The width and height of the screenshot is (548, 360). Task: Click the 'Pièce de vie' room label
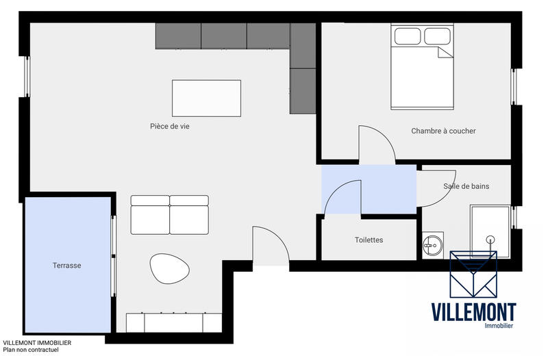169,126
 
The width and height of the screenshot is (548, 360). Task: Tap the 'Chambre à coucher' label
443,131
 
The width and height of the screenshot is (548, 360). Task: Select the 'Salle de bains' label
466,186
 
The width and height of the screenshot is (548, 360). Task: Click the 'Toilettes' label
369,240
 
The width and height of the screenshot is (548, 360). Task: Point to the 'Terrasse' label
67,266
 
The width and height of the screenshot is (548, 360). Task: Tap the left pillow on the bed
407,36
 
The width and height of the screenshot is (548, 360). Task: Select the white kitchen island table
206,99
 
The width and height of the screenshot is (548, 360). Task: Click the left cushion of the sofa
150,216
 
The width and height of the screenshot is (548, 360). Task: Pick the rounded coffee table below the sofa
166,268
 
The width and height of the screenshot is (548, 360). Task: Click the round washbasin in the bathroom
432,244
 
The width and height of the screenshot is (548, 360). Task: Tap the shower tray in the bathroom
489,231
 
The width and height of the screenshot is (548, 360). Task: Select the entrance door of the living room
271,244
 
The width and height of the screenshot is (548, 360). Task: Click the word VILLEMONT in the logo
473,312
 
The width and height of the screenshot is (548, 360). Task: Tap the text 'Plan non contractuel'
31,350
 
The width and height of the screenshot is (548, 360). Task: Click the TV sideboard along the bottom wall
174,322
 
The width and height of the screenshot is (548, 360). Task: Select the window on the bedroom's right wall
514,87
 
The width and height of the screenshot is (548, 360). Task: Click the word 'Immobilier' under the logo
498,326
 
